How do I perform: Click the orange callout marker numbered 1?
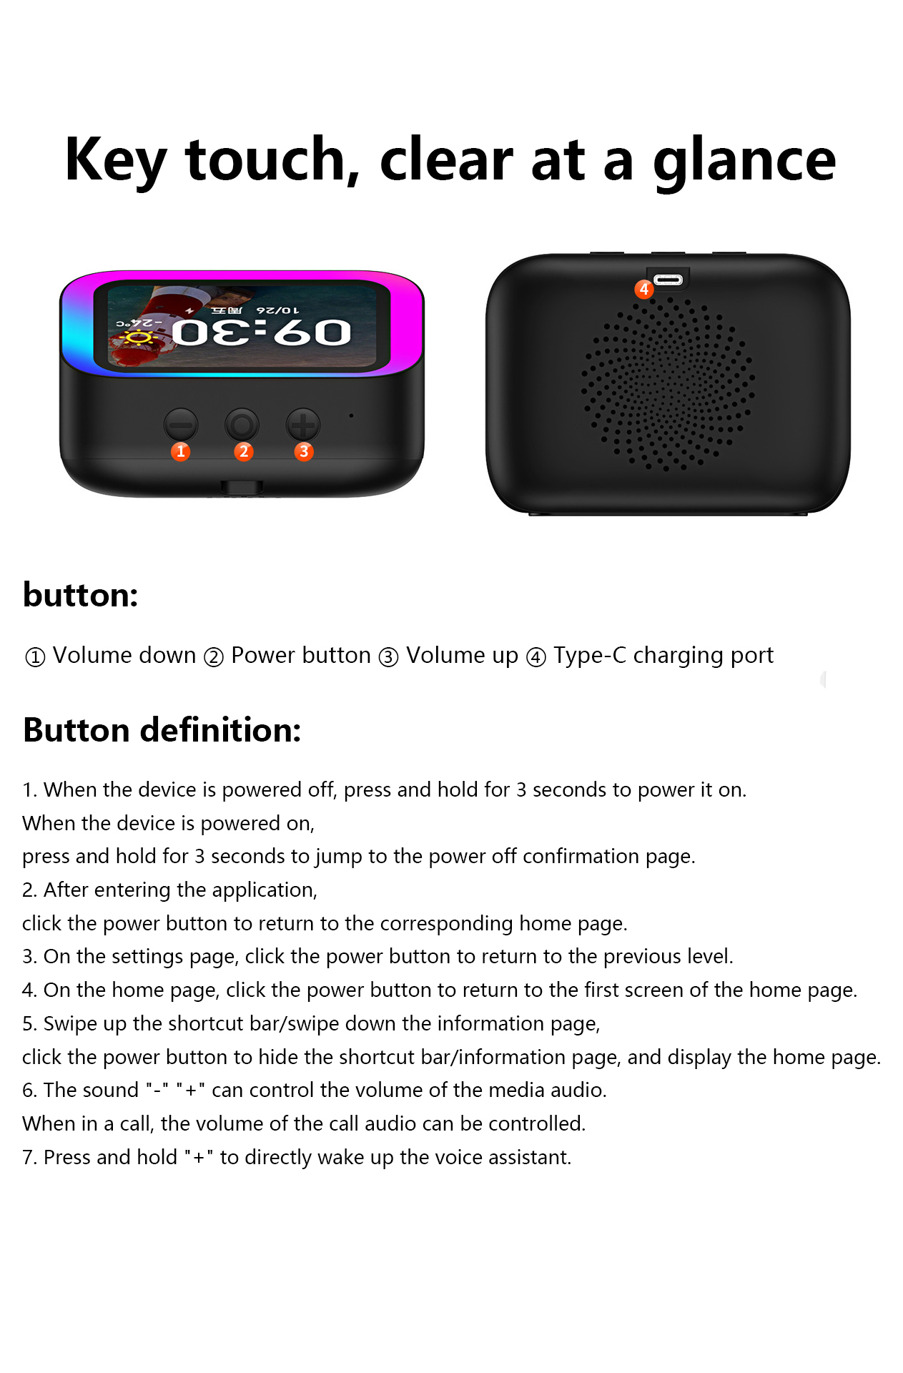pyautogui.click(x=181, y=451)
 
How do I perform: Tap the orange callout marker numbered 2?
pyautogui.click(x=244, y=451)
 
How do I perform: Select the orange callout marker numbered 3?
pyautogui.click(x=304, y=451)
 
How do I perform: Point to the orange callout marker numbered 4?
pyautogui.click(x=644, y=289)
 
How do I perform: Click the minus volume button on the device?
pyautogui.click(x=181, y=425)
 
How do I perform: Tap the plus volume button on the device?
pyautogui.click(x=303, y=425)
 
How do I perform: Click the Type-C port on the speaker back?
pyautogui.click(x=668, y=280)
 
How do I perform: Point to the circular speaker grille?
pyautogui.click(x=667, y=383)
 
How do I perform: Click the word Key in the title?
pyautogui.click(x=114, y=161)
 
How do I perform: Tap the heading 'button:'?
pyautogui.click(x=80, y=595)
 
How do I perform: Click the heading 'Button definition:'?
pyautogui.click(x=162, y=730)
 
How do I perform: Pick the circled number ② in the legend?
pyautogui.click(x=214, y=656)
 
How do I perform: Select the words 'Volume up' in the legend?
pyautogui.click(x=462, y=655)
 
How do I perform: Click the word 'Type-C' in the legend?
pyautogui.click(x=589, y=655)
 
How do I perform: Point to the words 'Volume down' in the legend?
pyautogui.click(x=124, y=655)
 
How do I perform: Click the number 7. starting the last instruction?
pyautogui.click(x=29, y=1157)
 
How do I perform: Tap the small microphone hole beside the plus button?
pyautogui.click(x=351, y=415)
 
